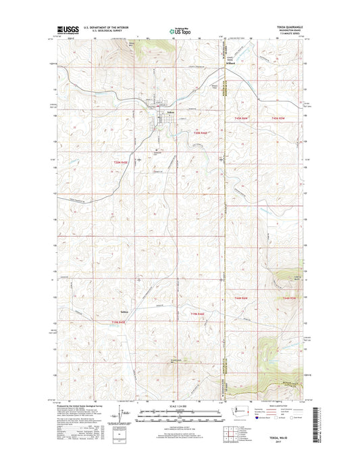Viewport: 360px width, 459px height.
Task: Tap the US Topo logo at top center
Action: tap(179, 30)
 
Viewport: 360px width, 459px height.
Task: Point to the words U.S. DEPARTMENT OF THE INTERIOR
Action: tap(105, 27)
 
